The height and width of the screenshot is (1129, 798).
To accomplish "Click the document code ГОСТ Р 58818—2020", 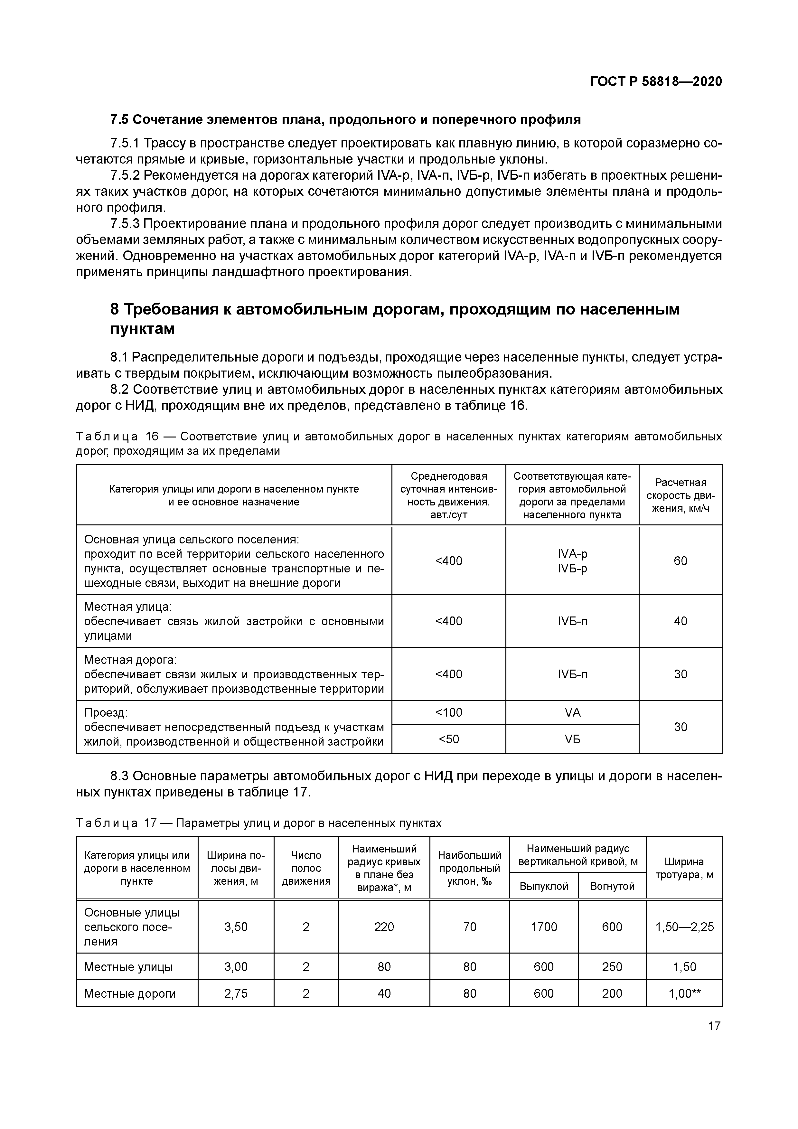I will (656, 82).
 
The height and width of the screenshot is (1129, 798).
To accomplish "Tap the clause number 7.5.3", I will (125, 224).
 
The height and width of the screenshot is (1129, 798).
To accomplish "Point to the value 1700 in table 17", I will (543, 927).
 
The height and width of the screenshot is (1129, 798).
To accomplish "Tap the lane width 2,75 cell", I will (236, 994).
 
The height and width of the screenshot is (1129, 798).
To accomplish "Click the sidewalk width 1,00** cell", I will (684, 994).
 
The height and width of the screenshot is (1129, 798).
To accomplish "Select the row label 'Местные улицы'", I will (128, 967).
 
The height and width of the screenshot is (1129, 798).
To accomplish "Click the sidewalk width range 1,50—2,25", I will (684, 927).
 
